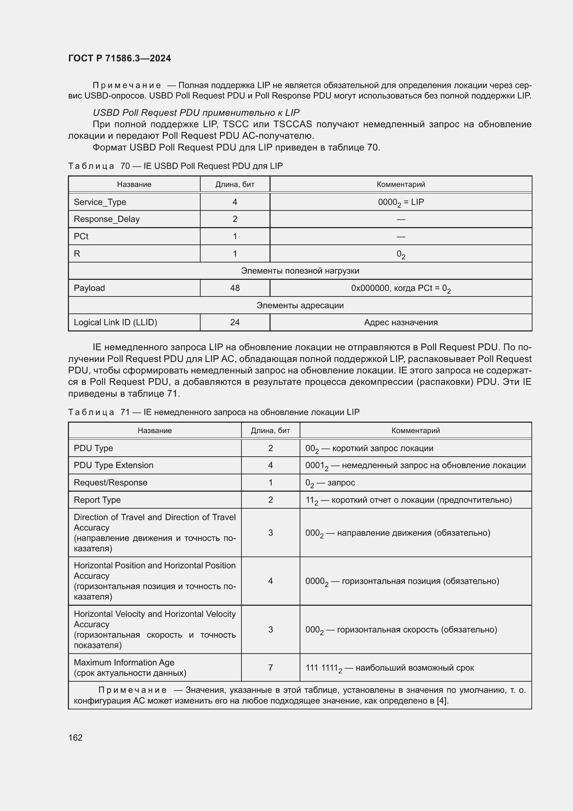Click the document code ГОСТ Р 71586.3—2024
pyautogui.click(x=119, y=58)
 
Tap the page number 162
pyautogui.click(x=75, y=737)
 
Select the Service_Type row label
pyautogui.click(x=100, y=202)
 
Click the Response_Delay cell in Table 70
pyautogui.click(x=107, y=219)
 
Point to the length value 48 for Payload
pyautogui.click(x=235, y=288)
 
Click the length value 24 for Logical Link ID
pyautogui.click(x=235, y=322)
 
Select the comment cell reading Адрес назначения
pyautogui.click(x=400, y=322)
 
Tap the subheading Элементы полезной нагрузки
pyautogui.click(x=300, y=270)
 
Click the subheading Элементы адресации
pyautogui.click(x=300, y=305)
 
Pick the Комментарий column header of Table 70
pyautogui.click(x=400, y=184)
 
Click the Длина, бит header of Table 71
pyautogui.click(x=270, y=431)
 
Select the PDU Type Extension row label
pyautogui.click(x=114, y=465)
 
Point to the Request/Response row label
pyautogui.click(x=111, y=483)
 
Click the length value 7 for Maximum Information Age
pyautogui.click(x=270, y=667)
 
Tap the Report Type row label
pyautogui.click(x=97, y=500)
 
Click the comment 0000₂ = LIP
pyautogui.click(x=400, y=202)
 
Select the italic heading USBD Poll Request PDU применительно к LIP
pyautogui.click(x=196, y=113)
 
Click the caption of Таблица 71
pyautogui.click(x=214, y=412)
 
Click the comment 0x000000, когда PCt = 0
pyautogui.click(x=400, y=288)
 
